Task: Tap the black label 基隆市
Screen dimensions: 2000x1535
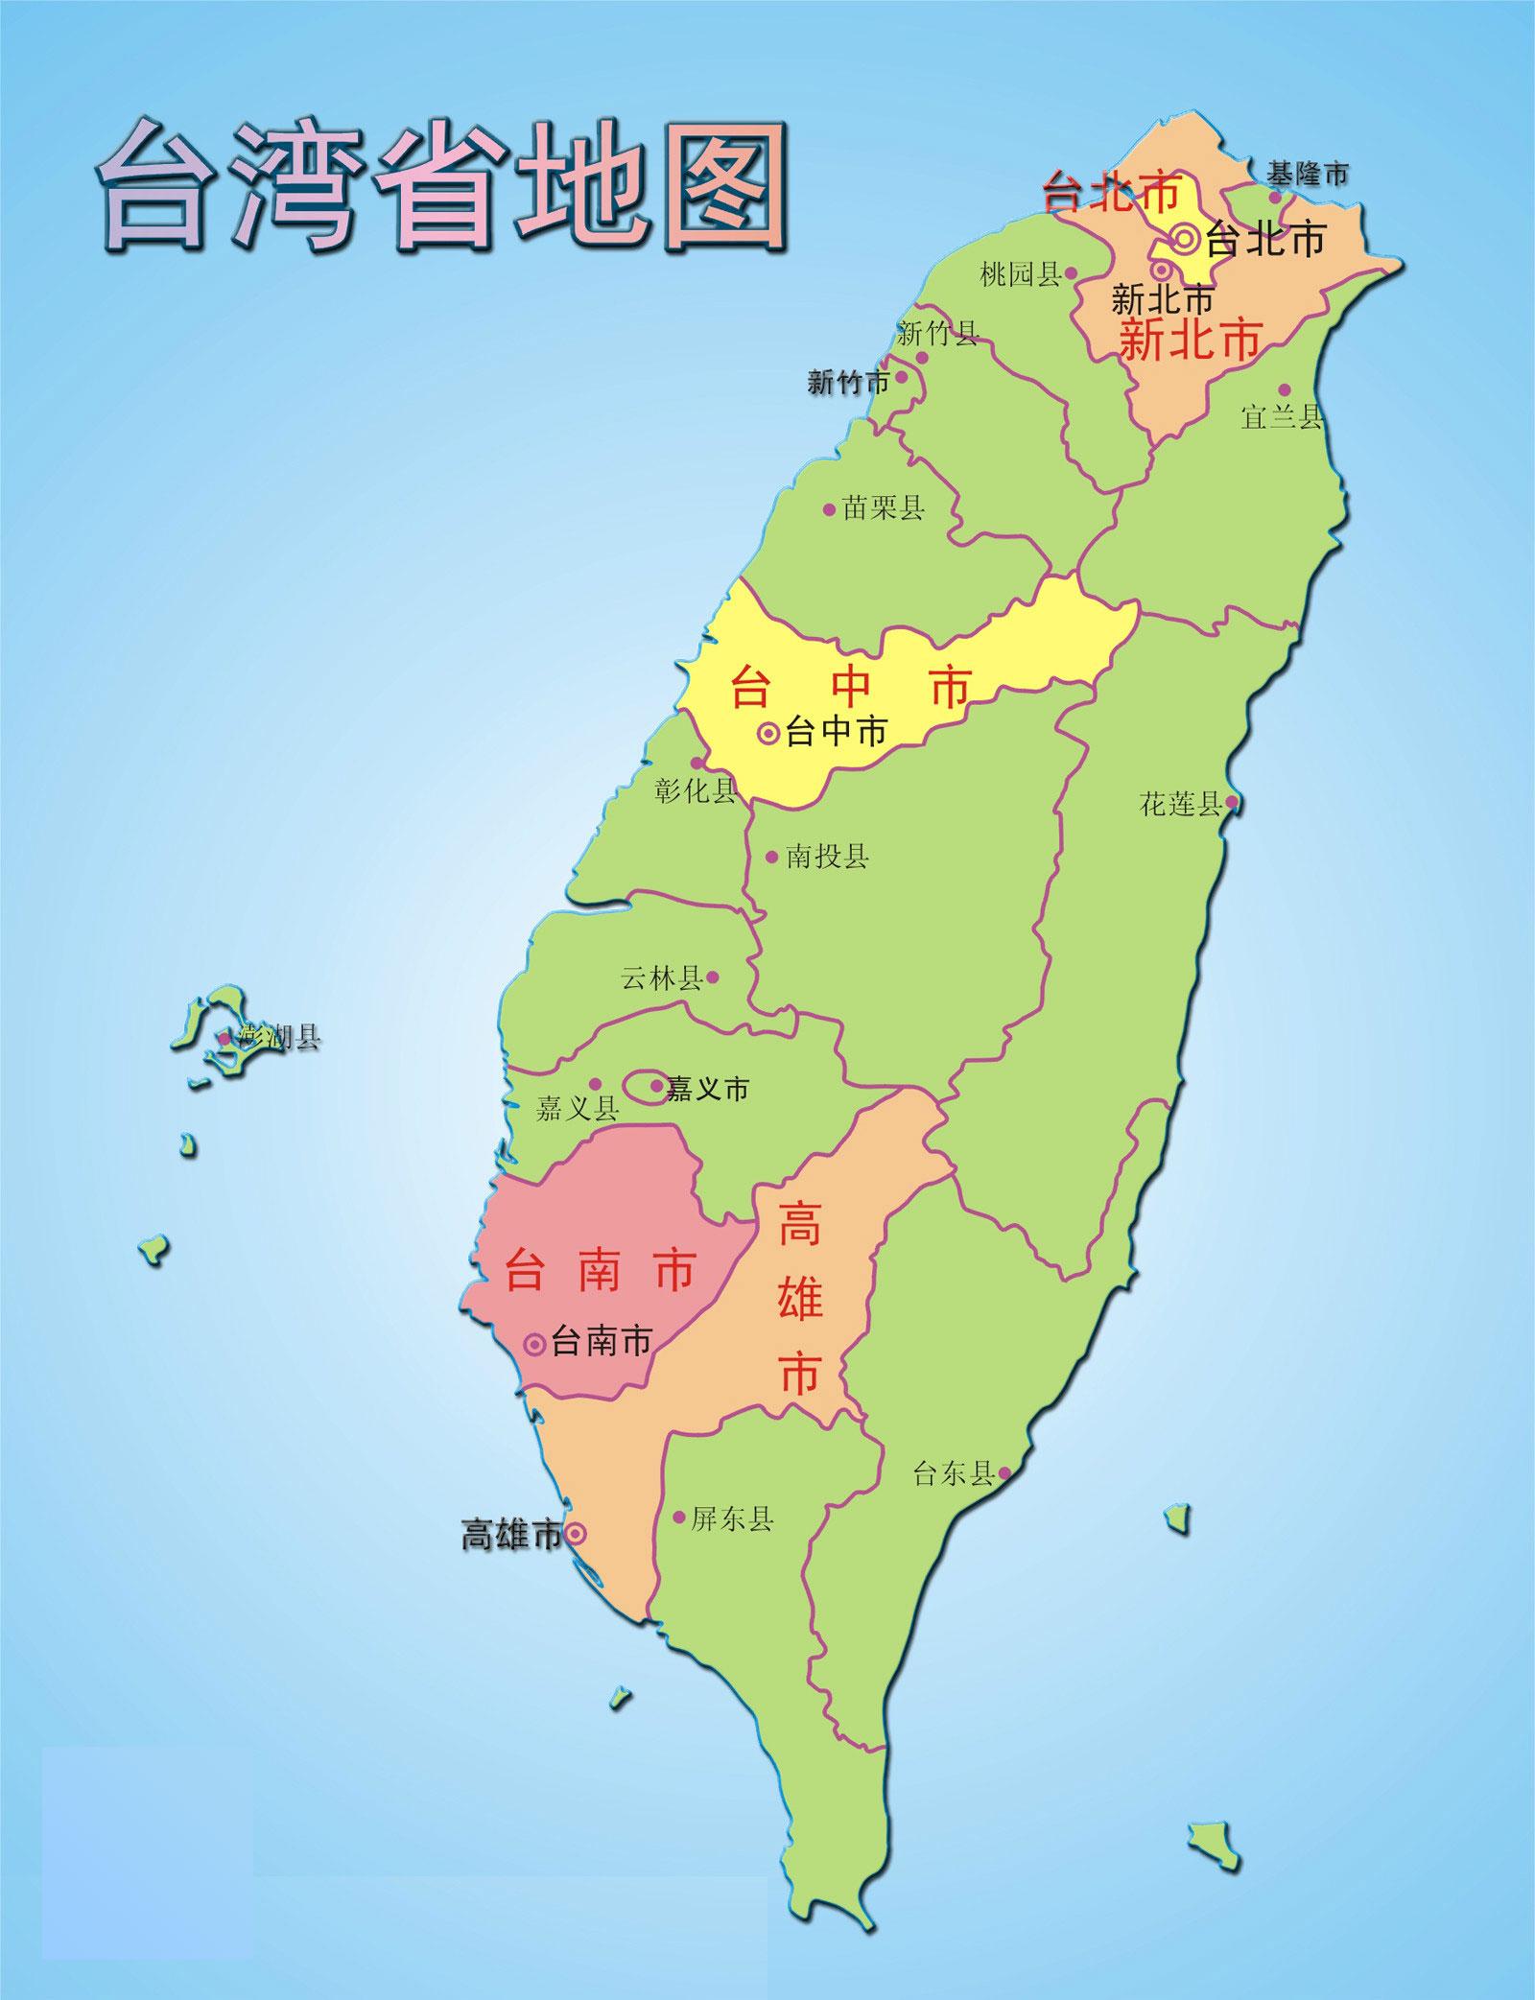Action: [1306, 175]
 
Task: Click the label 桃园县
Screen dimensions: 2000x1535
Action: [1020, 275]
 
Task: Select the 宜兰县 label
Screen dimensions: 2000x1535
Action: [1281, 417]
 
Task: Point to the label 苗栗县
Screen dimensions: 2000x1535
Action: [883, 508]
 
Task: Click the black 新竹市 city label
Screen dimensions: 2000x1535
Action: [848, 383]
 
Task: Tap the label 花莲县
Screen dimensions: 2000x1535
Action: [1180, 804]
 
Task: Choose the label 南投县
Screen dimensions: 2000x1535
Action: [827, 857]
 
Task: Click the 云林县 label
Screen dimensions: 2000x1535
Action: [662, 978]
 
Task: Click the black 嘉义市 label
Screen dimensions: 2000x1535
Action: [707, 1089]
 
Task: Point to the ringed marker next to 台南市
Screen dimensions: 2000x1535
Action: [535, 1344]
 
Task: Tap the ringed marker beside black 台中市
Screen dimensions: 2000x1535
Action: [767, 734]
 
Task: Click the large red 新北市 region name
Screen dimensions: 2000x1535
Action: [1190, 341]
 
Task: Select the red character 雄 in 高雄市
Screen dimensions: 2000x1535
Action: [799, 1302]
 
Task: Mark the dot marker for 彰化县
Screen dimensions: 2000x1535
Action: [697, 764]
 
